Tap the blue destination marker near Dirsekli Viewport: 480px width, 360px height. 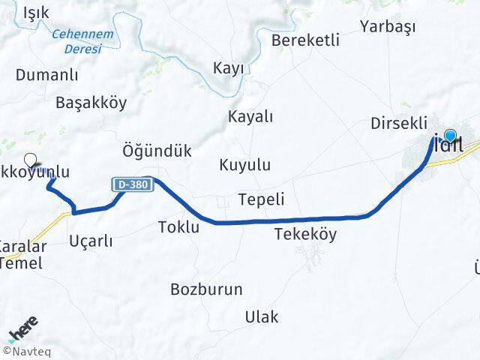450,136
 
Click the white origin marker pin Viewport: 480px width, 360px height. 31,159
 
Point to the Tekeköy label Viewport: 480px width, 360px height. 305,234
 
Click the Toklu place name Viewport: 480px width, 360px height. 178,226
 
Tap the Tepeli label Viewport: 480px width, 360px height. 260,199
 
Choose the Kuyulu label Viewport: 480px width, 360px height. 245,165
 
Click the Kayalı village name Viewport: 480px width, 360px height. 250,116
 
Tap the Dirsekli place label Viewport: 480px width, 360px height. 399,123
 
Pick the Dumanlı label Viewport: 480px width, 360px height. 47,74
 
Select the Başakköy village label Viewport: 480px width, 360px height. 91,103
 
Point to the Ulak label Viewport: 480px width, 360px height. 261,316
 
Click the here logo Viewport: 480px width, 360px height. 24,331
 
